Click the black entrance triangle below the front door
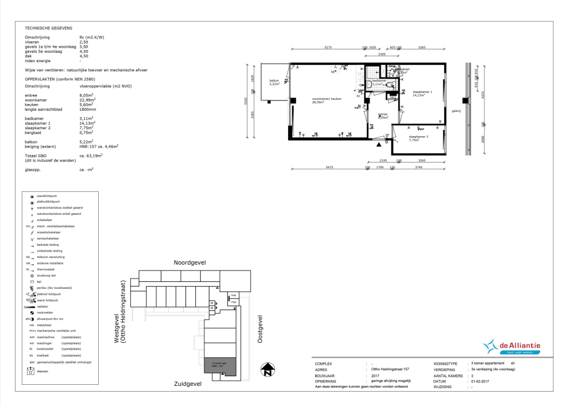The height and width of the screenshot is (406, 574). (378, 145)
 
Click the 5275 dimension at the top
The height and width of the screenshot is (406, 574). (328, 48)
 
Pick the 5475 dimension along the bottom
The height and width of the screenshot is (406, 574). (329, 167)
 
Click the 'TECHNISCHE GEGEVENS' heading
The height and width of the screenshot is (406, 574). (49, 28)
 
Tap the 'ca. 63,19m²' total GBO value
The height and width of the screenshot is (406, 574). (91, 155)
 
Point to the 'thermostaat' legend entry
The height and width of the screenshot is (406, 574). (46, 269)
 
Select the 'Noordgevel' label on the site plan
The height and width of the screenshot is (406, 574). (189, 262)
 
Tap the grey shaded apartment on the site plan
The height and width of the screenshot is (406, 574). (220, 365)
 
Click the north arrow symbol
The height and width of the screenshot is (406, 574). (266, 370)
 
